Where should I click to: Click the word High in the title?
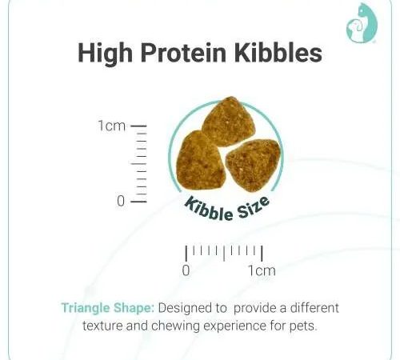click(x=105, y=54)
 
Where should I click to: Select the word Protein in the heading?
click(x=183, y=52)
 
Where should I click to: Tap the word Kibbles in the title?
click(x=278, y=52)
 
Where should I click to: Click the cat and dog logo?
click(x=362, y=22)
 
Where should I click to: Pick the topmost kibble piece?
click(x=228, y=122)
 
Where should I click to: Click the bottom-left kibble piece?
click(x=201, y=161)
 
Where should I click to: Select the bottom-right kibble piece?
click(x=254, y=166)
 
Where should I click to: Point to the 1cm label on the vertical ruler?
click(x=111, y=126)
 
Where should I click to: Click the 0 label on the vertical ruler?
click(x=121, y=201)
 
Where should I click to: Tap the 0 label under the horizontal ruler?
click(x=186, y=270)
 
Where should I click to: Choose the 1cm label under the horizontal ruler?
click(x=262, y=270)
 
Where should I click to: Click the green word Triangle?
click(x=86, y=309)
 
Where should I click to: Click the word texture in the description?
click(x=102, y=326)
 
